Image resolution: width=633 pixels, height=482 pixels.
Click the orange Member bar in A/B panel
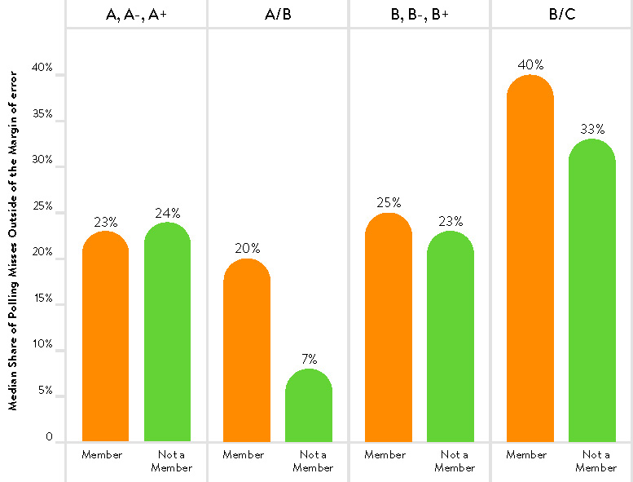[x=246, y=351]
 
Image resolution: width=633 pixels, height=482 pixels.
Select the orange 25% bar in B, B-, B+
[x=388, y=327]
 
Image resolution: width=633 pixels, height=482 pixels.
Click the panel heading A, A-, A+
[x=136, y=13]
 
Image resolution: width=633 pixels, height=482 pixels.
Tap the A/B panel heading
[x=278, y=13]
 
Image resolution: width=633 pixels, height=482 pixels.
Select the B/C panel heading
[x=561, y=13]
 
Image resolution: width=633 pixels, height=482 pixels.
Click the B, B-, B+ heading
[x=419, y=13]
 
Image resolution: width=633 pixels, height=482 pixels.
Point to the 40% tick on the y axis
[x=43, y=69]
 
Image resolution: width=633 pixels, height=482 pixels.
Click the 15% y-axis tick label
[x=43, y=299]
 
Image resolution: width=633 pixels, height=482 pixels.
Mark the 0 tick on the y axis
[x=49, y=437]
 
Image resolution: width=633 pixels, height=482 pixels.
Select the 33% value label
[x=592, y=129]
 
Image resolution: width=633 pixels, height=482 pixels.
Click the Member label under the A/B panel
[x=243, y=454]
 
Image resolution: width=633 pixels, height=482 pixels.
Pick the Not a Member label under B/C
[x=596, y=461]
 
